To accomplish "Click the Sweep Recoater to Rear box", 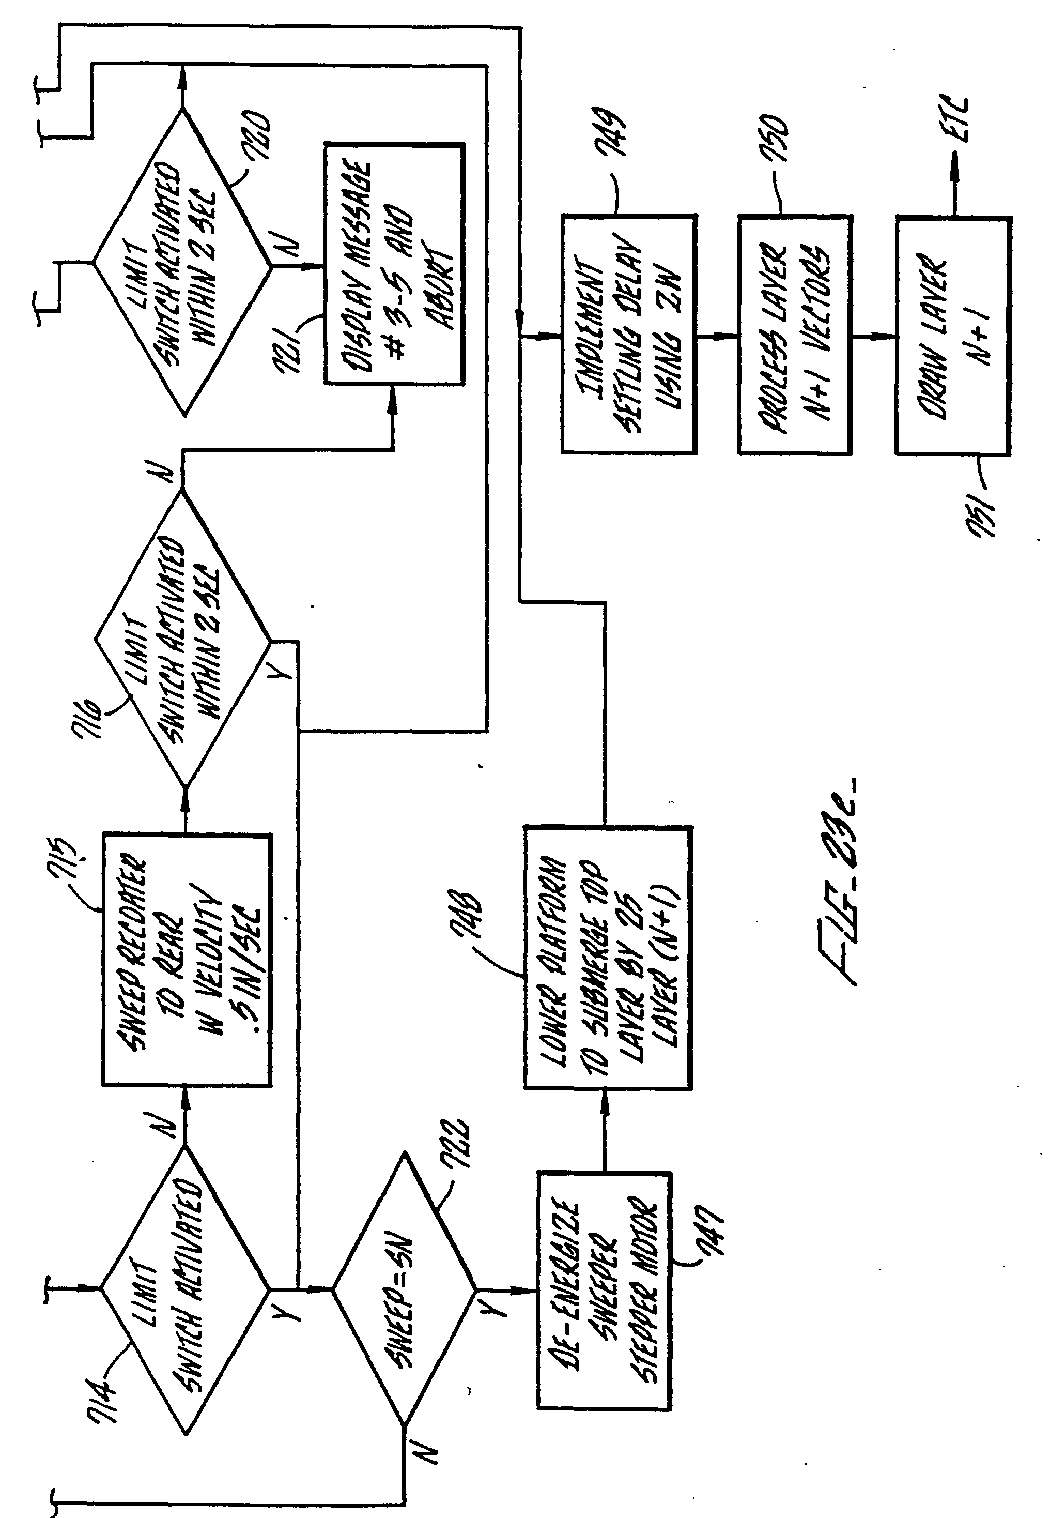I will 187,960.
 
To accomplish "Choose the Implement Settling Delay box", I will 628,334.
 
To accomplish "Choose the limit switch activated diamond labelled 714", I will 185,1289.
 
